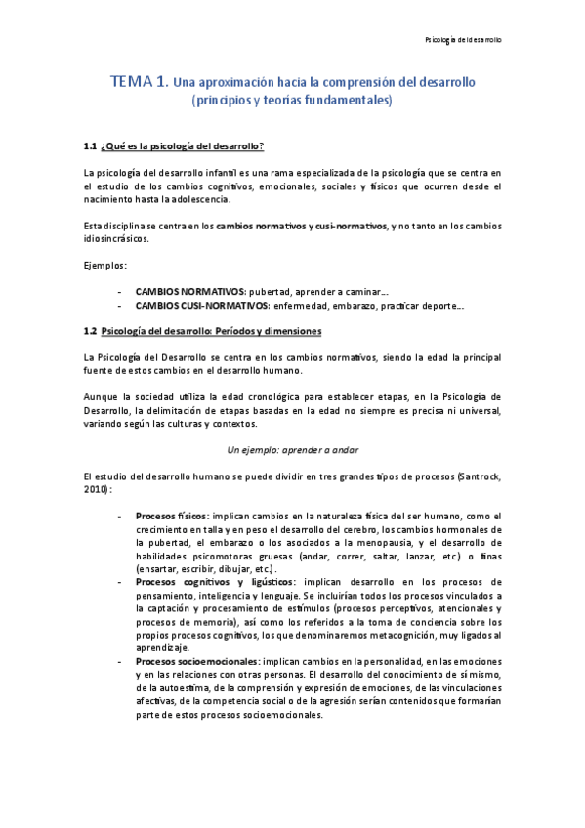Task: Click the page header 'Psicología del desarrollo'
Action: pos(464,40)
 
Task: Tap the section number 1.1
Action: pos(90,146)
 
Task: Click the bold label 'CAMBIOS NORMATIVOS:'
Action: pos(189,291)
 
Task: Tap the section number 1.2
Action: pos(90,331)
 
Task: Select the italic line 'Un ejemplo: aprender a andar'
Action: pos(292,449)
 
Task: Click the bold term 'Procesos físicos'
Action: pos(171,516)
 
